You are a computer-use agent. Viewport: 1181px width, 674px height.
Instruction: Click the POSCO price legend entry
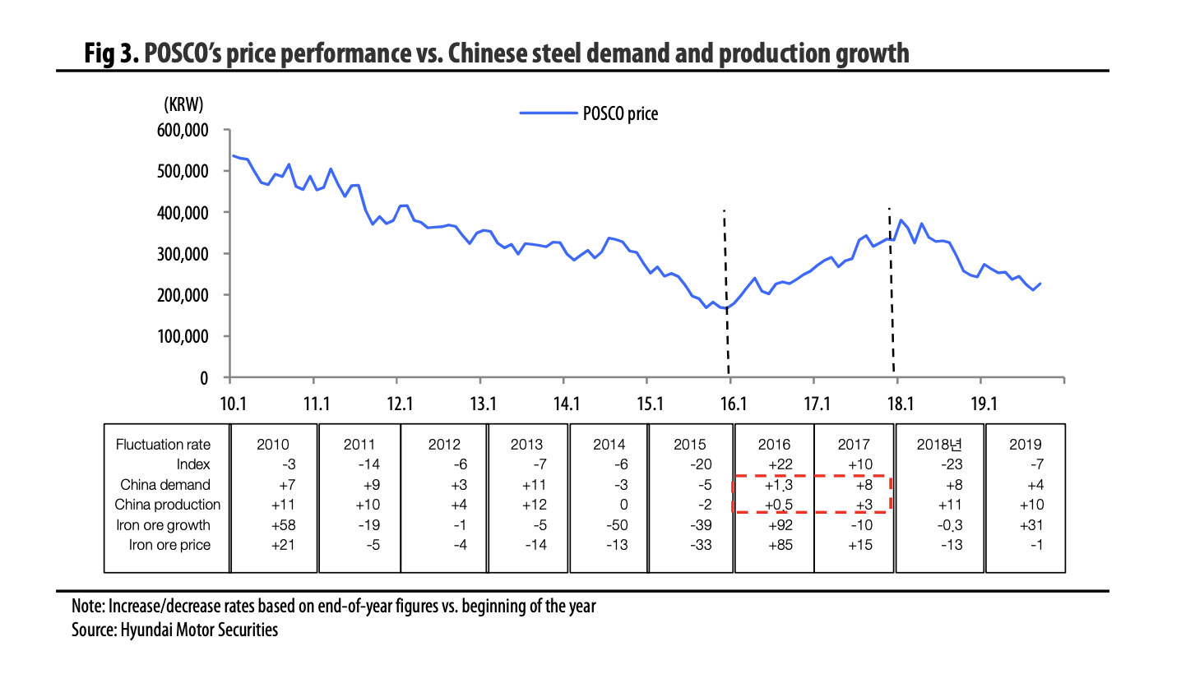[x=589, y=114]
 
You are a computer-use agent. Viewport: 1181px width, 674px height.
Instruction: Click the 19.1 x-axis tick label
[x=983, y=404]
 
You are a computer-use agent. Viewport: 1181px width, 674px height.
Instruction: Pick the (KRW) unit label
[x=183, y=104]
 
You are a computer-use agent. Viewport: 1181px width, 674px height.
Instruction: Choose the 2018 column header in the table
[x=938, y=445]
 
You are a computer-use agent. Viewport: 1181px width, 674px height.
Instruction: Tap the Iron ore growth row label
[x=168, y=524]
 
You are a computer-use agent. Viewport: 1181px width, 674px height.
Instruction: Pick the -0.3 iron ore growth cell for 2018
[x=938, y=524]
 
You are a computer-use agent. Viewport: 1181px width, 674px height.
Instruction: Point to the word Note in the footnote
[x=89, y=607]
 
